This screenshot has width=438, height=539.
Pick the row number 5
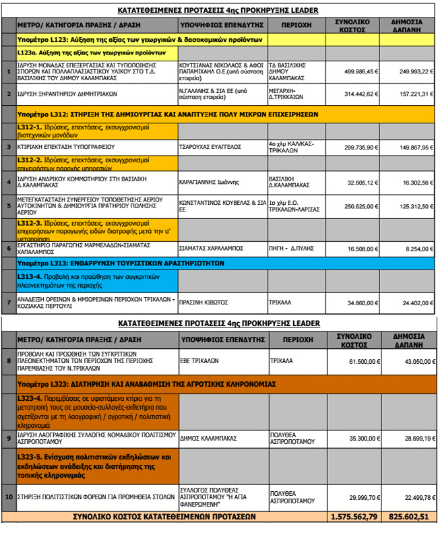pos(9,206)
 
